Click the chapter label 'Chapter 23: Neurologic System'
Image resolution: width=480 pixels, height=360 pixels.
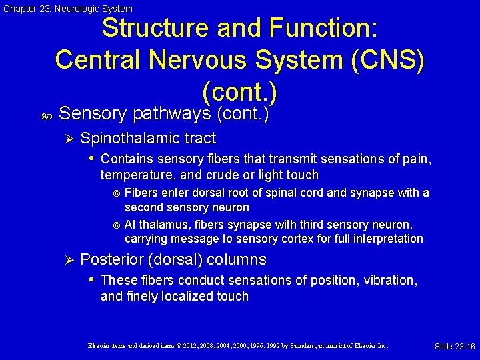pyautogui.click(x=67, y=9)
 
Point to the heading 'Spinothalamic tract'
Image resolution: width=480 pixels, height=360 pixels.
pyautogui.click(x=148, y=139)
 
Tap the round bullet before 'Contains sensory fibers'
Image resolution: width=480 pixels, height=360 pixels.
pyautogui.click(x=92, y=159)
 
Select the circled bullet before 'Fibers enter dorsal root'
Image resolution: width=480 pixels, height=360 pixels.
pyautogui.click(x=117, y=193)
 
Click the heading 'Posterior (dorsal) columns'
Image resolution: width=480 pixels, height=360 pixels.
pyautogui.click(x=173, y=260)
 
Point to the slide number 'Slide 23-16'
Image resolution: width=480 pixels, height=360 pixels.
pyautogui.click(x=455, y=347)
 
